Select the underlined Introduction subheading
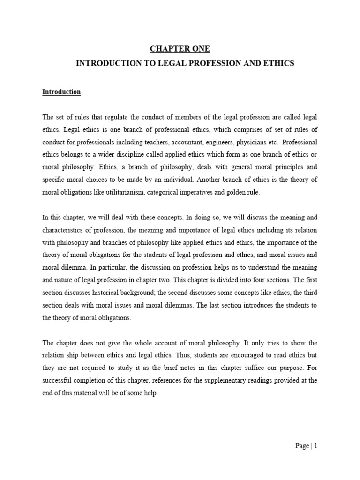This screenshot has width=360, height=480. click(61, 92)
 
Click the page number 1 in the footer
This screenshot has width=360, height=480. click(316, 446)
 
